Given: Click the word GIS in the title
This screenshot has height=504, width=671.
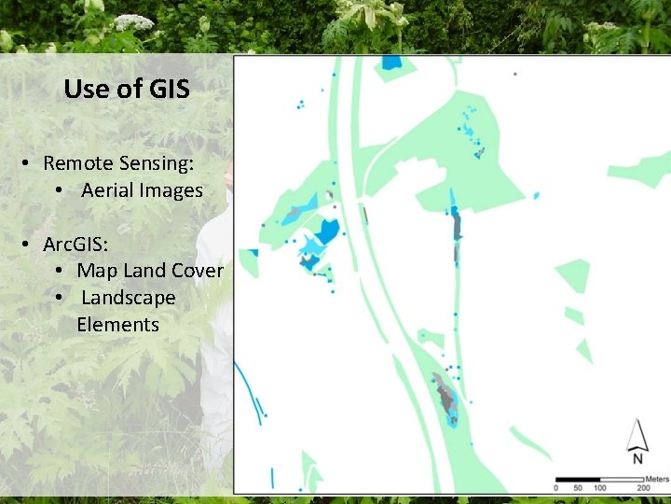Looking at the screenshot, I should pos(167,89).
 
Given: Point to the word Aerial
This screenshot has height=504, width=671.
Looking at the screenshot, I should pos(107,190).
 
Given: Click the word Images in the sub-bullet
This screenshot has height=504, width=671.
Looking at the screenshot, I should pos(171,190).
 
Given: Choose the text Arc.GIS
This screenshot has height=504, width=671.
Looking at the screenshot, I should pos(75,245).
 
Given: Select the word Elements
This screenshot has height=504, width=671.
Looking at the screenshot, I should pos(118,325).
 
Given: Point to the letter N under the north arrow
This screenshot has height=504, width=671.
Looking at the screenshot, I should pos(637,458).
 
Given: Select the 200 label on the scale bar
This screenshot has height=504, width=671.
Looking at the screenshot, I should pos(643,488).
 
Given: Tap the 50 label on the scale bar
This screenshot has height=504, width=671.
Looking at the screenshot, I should pos(579,488).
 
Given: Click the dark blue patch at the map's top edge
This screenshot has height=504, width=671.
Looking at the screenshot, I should pos(391,63).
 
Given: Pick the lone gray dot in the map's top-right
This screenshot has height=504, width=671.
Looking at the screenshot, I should pos(515,74).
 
